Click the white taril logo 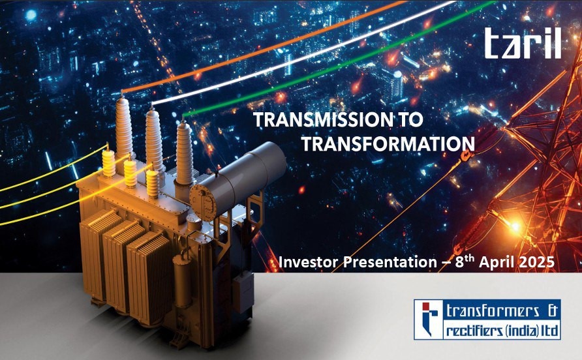(523, 43)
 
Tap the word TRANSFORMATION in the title (388, 143)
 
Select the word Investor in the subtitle (308, 262)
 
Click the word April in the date (497, 262)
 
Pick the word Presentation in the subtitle (390, 262)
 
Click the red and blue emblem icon (428, 319)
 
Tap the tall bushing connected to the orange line (123, 126)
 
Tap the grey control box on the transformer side (243, 292)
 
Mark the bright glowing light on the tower (515, 225)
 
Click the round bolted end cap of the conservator (203, 202)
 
